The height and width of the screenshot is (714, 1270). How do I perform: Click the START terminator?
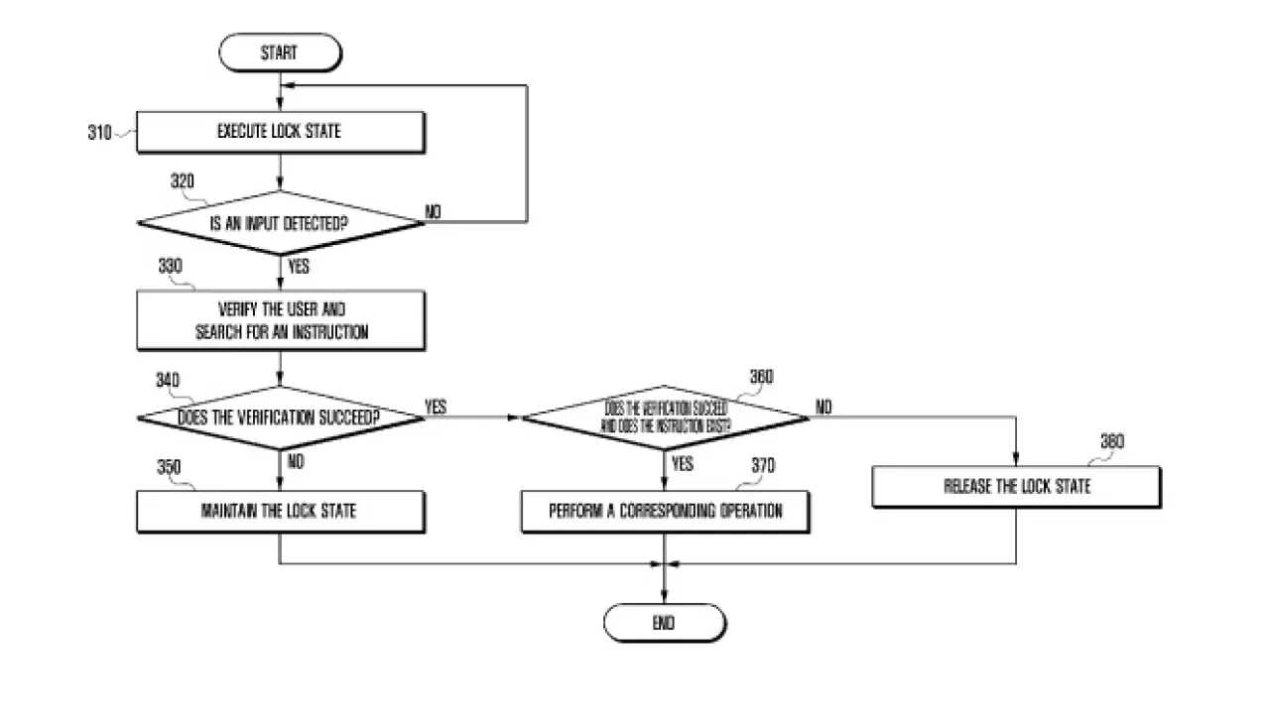tap(279, 54)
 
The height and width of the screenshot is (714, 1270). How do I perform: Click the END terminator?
tap(664, 623)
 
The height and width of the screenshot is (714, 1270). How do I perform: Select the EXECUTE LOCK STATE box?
tap(280, 132)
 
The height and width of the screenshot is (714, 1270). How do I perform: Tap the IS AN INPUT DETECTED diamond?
tap(280, 223)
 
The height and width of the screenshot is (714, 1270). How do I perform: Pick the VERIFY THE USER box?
tap(280, 320)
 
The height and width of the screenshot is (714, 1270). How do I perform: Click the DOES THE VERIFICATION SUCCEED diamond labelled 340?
tap(280, 417)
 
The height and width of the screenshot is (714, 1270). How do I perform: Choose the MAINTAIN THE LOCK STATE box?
tap(280, 512)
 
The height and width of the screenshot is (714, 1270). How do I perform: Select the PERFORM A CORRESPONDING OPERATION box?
tap(665, 512)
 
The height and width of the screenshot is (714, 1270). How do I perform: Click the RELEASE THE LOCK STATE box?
tap(1016, 487)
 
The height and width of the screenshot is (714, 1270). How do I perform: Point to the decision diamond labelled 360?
tap(665, 417)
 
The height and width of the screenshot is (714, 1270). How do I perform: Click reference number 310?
tap(99, 132)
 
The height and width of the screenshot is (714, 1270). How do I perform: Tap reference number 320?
tap(183, 181)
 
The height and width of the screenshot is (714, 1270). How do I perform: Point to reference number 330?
tap(171, 267)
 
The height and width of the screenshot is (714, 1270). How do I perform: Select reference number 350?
tap(170, 466)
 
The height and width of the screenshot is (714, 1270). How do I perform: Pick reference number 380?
tap(1112, 441)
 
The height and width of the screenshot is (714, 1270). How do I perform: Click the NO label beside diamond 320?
tap(435, 211)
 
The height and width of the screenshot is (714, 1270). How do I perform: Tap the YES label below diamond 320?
tap(298, 267)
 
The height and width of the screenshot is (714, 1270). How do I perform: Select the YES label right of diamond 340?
tap(436, 407)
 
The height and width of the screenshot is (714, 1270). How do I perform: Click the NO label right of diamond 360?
tap(824, 407)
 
